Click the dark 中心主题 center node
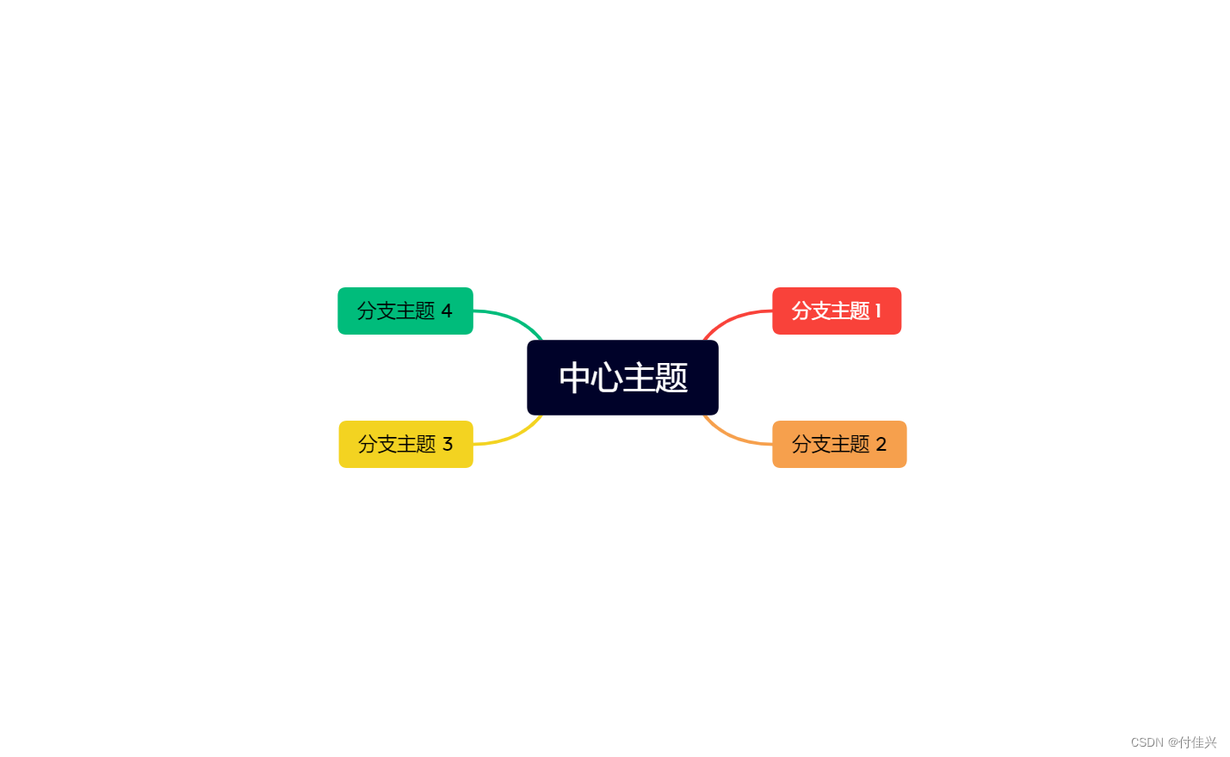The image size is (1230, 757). pyautogui.click(x=622, y=378)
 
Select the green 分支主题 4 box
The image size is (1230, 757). pyautogui.click(x=405, y=311)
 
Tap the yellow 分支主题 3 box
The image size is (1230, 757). pyautogui.click(x=405, y=444)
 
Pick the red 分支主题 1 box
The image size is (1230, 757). pyautogui.click(x=837, y=311)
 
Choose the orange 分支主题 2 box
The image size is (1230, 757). pyautogui.click(x=839, y=444)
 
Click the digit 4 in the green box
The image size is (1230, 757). pyautogui.click(x=447, y=311)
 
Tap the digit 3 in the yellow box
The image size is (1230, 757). pyautogui.click(x=448, y=444)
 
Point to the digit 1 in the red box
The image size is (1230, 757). pyautogui.click(x=878, y=311)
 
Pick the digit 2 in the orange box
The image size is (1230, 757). pyautogui.click(x=881, y=444)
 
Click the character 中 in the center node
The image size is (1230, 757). pyautogui.click(x=574, y=378)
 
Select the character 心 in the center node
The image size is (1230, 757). pyautogui.click(x=607, y=378)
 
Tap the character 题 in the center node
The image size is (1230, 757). pyautogui.click(x=671, y=378)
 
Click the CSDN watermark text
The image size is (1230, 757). pyautogui.click(x=1147, y=742)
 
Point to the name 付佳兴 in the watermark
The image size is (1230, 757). pyautogui.click(x=1197, y=742)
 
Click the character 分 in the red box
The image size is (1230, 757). pyautogui.click(x=801, y=311)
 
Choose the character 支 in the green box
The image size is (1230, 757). pyautogui.click(x=386, y=311)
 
